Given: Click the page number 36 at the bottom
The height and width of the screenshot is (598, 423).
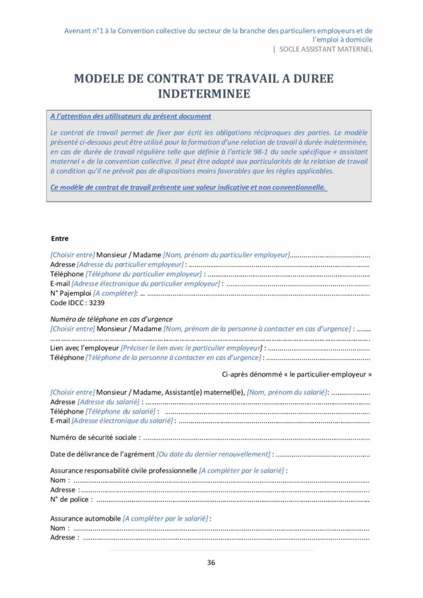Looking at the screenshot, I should point(211,562).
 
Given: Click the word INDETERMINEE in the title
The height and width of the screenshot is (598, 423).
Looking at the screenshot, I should point(203,94).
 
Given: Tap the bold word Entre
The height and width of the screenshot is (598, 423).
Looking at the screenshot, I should point(60,239).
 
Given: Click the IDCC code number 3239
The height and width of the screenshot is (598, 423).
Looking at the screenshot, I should point(97,303).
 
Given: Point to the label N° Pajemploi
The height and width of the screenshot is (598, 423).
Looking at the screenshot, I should point(70,293).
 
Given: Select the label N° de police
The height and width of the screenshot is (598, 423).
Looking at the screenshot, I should point(71,500).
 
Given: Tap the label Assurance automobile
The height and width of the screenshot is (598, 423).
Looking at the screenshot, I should point(85,519).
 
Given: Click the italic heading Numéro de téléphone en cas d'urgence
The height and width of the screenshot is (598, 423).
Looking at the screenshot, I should point(111,319).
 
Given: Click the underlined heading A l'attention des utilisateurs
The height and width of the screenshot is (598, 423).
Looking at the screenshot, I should point(130,116).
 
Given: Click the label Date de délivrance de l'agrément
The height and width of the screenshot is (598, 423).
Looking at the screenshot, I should point(102,454).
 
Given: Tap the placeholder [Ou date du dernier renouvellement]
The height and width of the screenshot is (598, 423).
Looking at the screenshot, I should point(213,454).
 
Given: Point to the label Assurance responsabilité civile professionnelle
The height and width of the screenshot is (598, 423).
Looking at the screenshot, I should point(123,470).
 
